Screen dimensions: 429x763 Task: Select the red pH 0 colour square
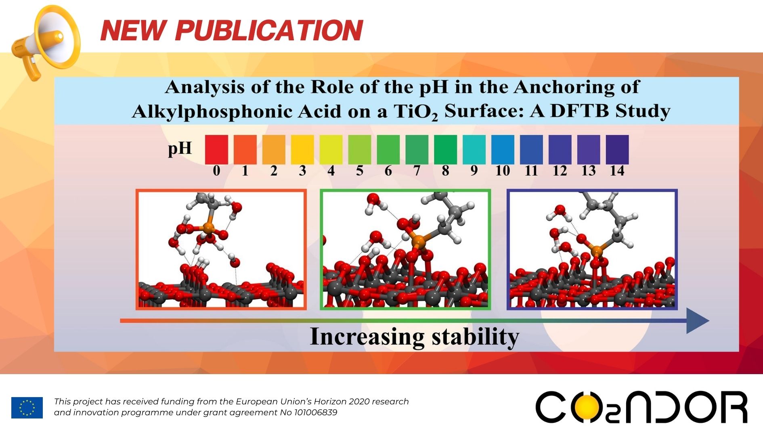(216, 149)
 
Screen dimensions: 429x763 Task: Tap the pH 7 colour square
(417, 149)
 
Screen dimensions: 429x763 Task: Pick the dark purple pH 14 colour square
(617, 149)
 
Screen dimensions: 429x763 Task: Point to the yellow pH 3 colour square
(302, 149)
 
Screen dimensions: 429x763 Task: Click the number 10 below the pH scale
(503, 171)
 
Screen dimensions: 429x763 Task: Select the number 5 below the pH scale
(359, 171)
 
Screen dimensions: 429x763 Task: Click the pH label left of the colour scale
(180, 149)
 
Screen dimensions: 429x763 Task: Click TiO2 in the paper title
(415, 111)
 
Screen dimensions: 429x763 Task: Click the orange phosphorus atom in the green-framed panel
(418, 242)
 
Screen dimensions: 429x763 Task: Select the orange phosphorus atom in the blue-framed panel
(596, 252)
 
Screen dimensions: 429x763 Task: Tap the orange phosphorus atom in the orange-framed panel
(208, 228)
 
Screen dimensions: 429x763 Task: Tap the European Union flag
(27, 407)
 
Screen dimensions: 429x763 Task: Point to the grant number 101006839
(315, 412)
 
